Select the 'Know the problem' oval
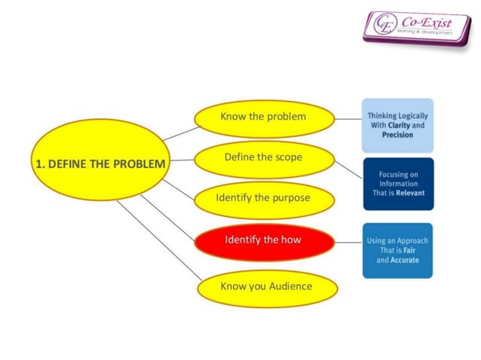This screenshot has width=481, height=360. [x=263, y=117]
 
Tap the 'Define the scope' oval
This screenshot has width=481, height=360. [x=263, y=158]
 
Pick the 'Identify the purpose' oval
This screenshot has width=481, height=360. [x=263, y=199]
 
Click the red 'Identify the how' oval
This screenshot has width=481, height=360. [x=263, y=240]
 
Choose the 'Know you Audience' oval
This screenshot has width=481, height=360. [x=265, y=287]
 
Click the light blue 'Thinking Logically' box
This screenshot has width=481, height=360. [x=397, y=125]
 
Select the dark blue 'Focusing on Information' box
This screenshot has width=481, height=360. [x=397, y=183]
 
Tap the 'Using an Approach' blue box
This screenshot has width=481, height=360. [x=397, y=250]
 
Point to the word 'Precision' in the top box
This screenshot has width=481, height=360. [x=397, y=135]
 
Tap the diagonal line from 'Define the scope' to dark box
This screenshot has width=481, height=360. [x=348, y=171]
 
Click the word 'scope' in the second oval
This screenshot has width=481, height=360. [x=287, y=158]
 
